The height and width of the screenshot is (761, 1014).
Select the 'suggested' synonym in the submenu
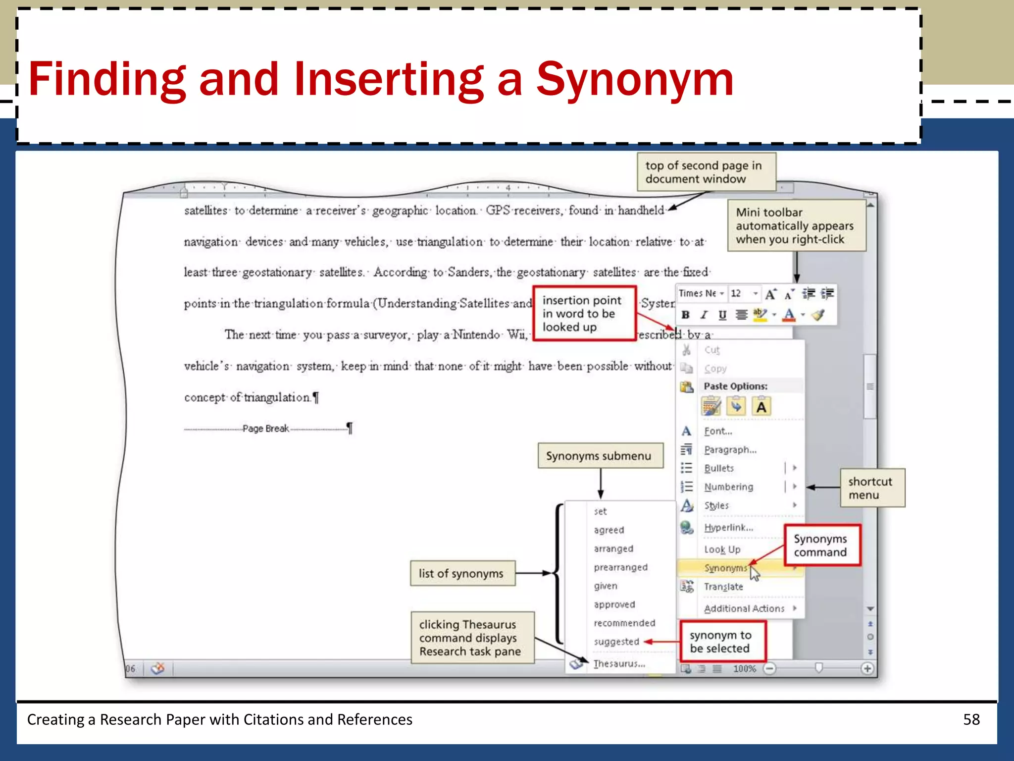point(616,642)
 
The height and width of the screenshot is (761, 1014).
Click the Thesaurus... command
point(619,663)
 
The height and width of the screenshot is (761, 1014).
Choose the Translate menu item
point(723,587)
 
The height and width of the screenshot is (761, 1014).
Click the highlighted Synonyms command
point(725,568)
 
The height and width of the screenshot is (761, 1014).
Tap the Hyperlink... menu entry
point(728,528)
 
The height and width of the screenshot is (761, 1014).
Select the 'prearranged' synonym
point(620,567)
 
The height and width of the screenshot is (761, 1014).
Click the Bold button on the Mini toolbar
point(686,315)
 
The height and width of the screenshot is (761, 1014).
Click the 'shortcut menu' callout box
point(872,488)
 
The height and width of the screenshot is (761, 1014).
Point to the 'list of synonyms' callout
point(462,573)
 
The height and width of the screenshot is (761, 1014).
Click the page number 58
point(971,719)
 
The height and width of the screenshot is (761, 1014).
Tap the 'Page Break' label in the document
point(266,429)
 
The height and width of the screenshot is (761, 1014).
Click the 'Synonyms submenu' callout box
point(600,456)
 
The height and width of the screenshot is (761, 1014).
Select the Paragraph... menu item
point(730,450)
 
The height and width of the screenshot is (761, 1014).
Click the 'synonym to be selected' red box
point(722,642)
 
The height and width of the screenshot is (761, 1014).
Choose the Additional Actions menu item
point(744,608)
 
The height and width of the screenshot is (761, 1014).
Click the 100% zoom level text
point(744,669)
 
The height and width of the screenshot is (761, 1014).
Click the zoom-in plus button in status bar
point(867,669)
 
